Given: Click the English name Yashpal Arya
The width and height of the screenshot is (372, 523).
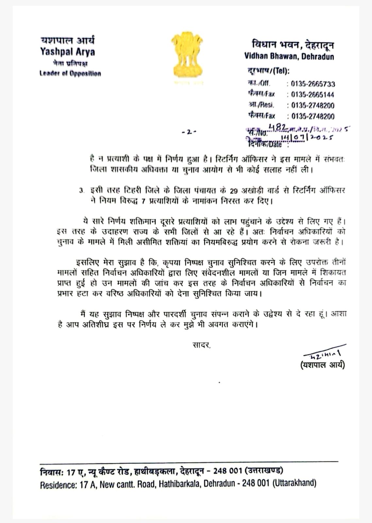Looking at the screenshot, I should (x=68, y=52).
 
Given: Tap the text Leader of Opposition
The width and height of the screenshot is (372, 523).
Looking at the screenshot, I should (x=70, y=73).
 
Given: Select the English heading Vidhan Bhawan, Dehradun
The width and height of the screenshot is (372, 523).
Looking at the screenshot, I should (x=289, y=56).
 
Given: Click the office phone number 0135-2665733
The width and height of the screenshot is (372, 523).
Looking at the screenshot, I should (x=313, y=84).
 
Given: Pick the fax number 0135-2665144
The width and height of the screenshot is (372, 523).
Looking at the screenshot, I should (x=313, y=95).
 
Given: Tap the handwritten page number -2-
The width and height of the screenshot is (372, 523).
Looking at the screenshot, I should (x=189, y=132).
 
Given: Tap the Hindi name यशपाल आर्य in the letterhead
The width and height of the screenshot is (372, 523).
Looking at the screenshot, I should (x=68, y=41).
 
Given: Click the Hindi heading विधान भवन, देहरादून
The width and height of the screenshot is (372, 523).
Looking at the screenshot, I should (x=293, y=45).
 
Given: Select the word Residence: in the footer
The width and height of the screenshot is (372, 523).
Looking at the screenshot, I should (x=58, y=485).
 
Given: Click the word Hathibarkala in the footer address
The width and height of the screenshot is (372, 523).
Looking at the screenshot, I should (x=179, y=484).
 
